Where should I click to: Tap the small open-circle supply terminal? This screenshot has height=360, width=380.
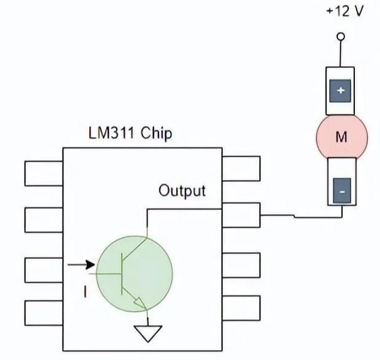[341, 36]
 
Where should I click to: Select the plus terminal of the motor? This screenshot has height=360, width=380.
[341, 91]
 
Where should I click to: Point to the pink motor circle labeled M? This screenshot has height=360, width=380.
[341, 137]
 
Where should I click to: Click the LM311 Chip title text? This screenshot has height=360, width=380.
[130, 133]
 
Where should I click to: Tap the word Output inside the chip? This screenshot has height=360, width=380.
[182, 190]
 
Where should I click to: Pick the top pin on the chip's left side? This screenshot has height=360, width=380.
[43, 173]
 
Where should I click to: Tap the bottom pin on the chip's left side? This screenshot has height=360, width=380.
[43, 312]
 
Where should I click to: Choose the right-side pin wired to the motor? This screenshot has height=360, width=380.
[240, 216]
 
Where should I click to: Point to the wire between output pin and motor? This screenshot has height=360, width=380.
[294, 216]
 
